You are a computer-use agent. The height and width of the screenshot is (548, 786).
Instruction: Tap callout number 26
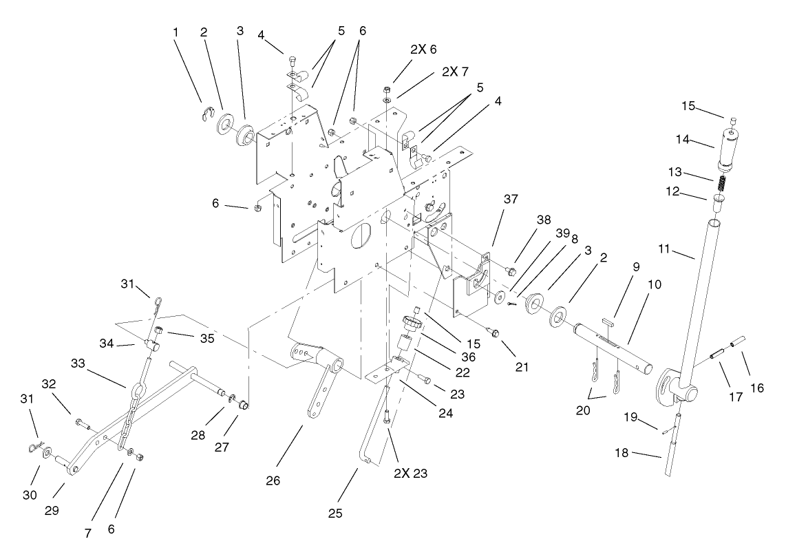coord(273,481)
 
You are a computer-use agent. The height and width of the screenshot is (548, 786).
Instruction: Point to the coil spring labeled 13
coord(719,184)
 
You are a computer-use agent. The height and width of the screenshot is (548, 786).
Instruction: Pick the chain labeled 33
coord(128,420)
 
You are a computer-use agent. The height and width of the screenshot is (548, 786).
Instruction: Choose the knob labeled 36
coord(412,321)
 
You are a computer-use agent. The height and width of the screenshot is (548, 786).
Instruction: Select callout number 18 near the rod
coord(623,454)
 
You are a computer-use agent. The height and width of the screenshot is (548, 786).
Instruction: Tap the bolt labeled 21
coord(494,333)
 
